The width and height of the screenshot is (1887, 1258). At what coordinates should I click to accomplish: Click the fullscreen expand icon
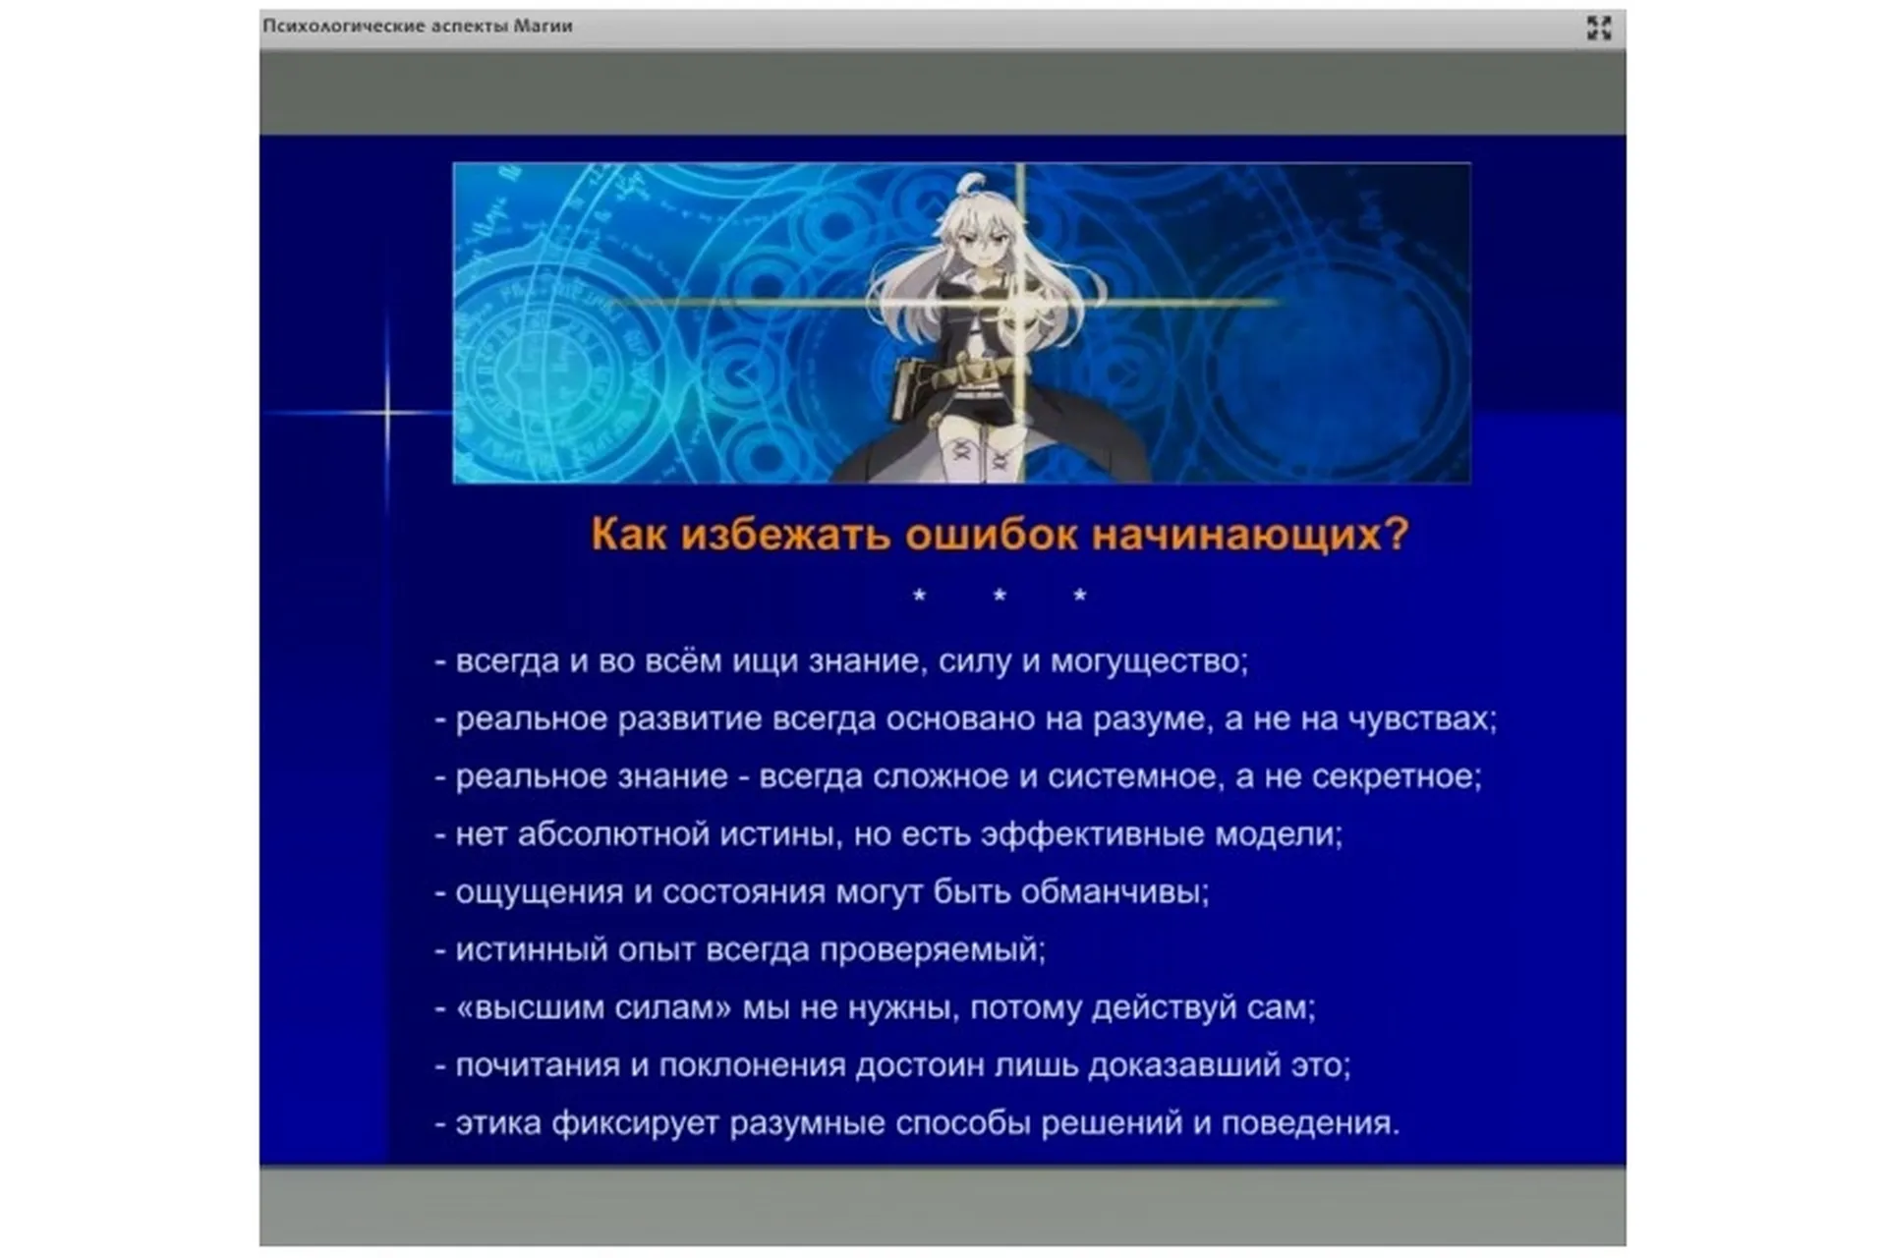coord(1599,28)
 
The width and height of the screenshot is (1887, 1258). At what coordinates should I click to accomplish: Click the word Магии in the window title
coord(543,27)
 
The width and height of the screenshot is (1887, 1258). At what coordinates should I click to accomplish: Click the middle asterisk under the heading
coord(1000,595)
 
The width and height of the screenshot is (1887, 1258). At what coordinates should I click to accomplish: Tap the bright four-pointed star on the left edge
coord(387,412)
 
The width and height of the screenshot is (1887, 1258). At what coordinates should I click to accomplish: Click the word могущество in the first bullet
coord(1148,661)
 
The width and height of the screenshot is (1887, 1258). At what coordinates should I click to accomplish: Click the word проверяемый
coord(932,949)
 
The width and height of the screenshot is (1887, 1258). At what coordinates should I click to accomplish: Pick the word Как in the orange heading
coord(628,534)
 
